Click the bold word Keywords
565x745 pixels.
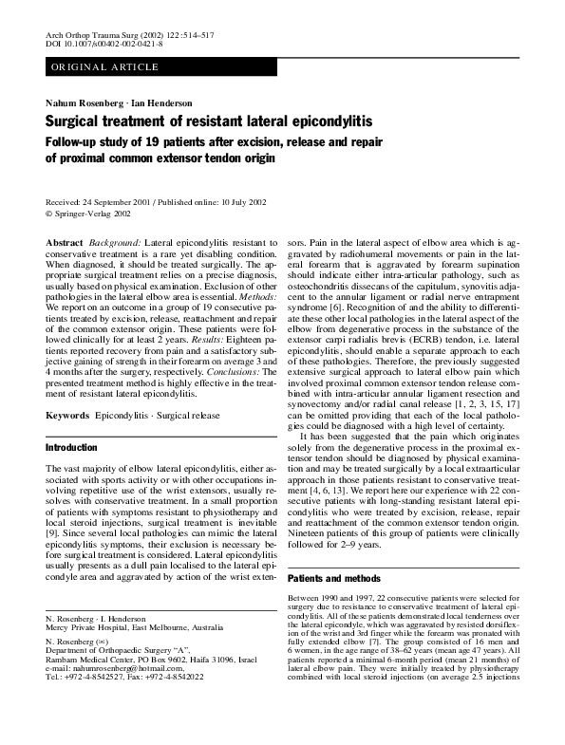(68, 416)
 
